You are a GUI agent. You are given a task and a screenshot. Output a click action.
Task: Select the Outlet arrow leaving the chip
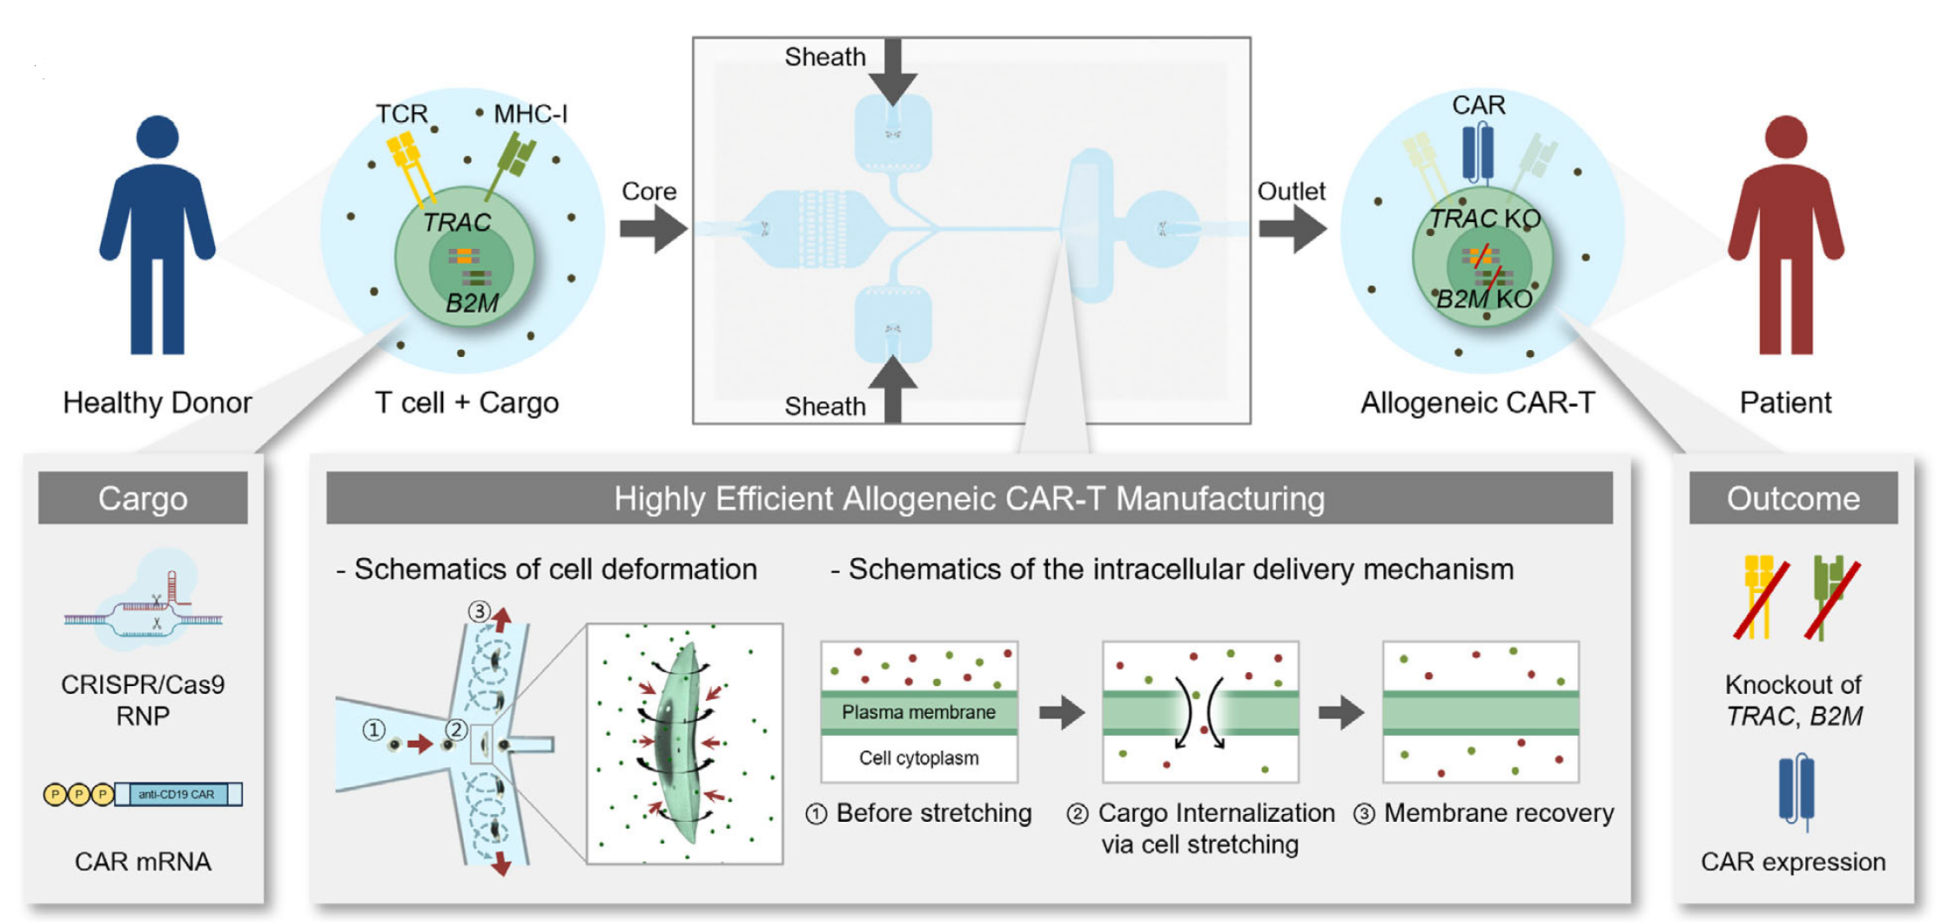(1293, 229)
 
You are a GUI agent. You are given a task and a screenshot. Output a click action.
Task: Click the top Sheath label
(824, 57)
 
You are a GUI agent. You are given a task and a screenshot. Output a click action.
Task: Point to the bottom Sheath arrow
(893, 388)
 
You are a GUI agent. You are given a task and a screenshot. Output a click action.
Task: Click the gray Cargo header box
(143, 498)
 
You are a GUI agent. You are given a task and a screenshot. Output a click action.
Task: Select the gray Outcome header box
(1793, 498)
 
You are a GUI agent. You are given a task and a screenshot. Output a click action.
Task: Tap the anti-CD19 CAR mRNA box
(178, 794)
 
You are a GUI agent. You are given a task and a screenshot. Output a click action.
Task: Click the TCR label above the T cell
(401, 114)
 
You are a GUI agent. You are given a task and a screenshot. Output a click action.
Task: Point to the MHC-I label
(530, 114)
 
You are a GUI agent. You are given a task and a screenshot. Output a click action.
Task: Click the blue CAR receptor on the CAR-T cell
(1478, 153)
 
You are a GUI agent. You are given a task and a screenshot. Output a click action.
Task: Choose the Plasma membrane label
(918, 712)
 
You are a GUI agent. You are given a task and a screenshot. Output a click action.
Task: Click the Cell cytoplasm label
(918, 758)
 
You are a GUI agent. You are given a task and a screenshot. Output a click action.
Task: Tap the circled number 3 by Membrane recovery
(1364, 814)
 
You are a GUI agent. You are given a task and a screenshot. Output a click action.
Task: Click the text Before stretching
(933, 813)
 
